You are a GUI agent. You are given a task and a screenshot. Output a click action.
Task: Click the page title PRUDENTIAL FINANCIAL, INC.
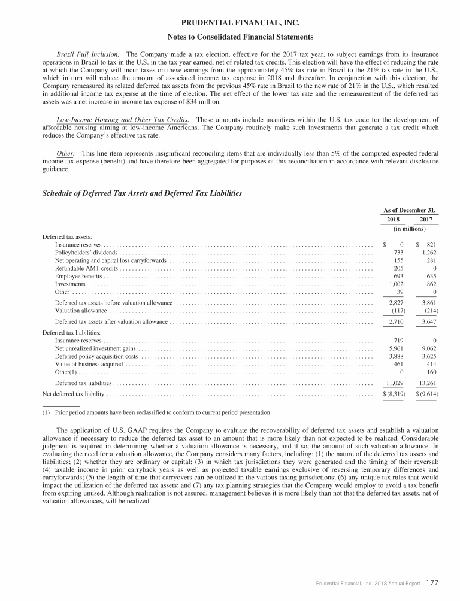click(x=230, y=23)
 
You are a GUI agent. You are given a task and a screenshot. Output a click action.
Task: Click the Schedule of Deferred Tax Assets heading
click(x=142, y=193)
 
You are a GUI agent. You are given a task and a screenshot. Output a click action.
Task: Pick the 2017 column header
click(x=426, y=219)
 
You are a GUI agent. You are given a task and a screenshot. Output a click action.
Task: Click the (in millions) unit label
click(x=410, y=228)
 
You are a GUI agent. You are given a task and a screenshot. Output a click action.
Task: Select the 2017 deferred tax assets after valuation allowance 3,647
click(x=426, y=322)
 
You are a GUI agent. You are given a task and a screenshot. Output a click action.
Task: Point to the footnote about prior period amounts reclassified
click(x=162, y=412)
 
